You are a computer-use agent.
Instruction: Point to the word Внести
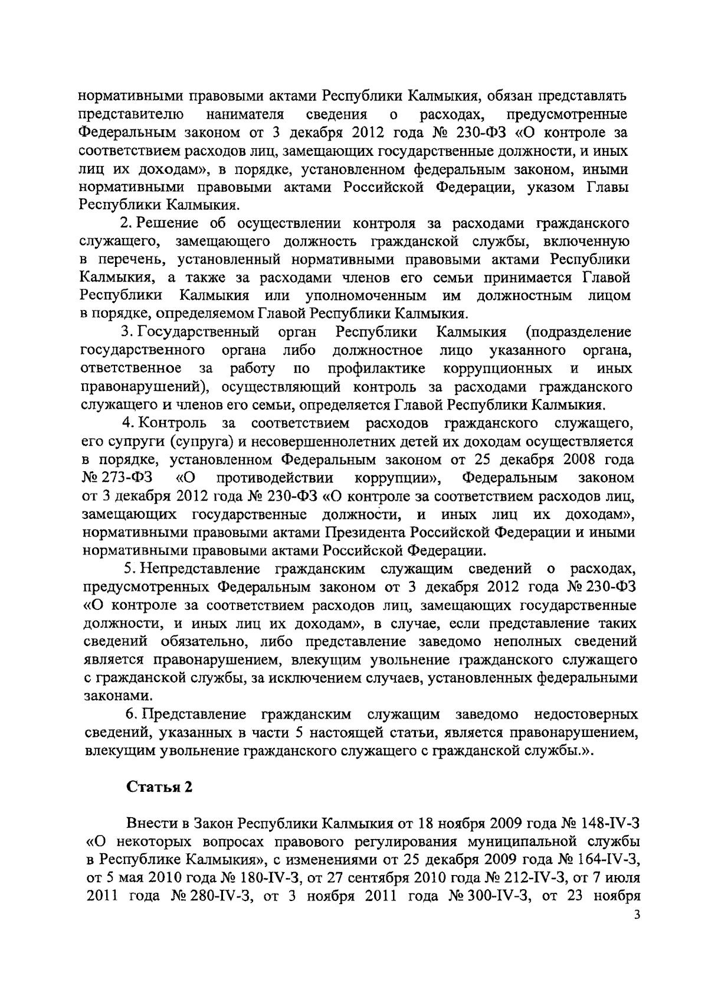[x=147, y=823]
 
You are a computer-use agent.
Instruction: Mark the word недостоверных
[x=585, y=714]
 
